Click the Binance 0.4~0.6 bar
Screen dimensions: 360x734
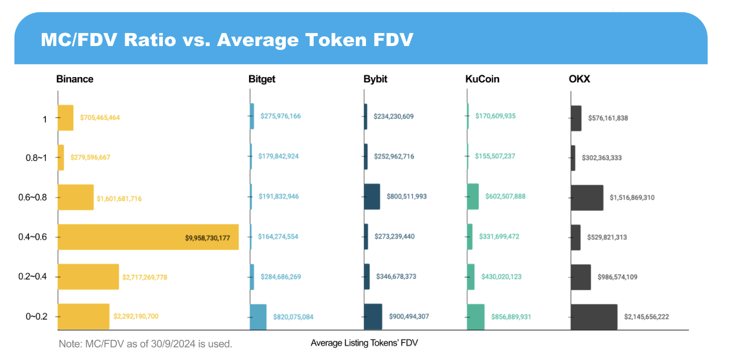tap(148, 237)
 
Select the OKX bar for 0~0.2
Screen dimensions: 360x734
tap(594, 317)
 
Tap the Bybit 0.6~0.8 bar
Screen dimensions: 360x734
tap(372, 197)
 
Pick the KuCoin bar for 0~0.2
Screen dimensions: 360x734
tap(476, 317)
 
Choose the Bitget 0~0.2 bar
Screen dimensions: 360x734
tap(258, 317)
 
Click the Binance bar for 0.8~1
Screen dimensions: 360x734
tap(60, 157)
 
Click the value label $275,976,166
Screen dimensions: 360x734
tap(280, 116)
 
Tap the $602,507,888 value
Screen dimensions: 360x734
tap(505, 197)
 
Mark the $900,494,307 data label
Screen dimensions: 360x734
tap(409, 317)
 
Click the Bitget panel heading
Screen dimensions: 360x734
tap(262, 79)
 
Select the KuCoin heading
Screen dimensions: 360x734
tap(482, 79)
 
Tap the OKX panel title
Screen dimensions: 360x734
tap(579, 79)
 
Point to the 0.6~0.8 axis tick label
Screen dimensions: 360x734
tap(36, 197)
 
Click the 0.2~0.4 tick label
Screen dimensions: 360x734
tap(36, 277)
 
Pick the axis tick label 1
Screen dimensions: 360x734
tap(44, 119)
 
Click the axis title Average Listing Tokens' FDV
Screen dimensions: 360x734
tap(364, 343)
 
